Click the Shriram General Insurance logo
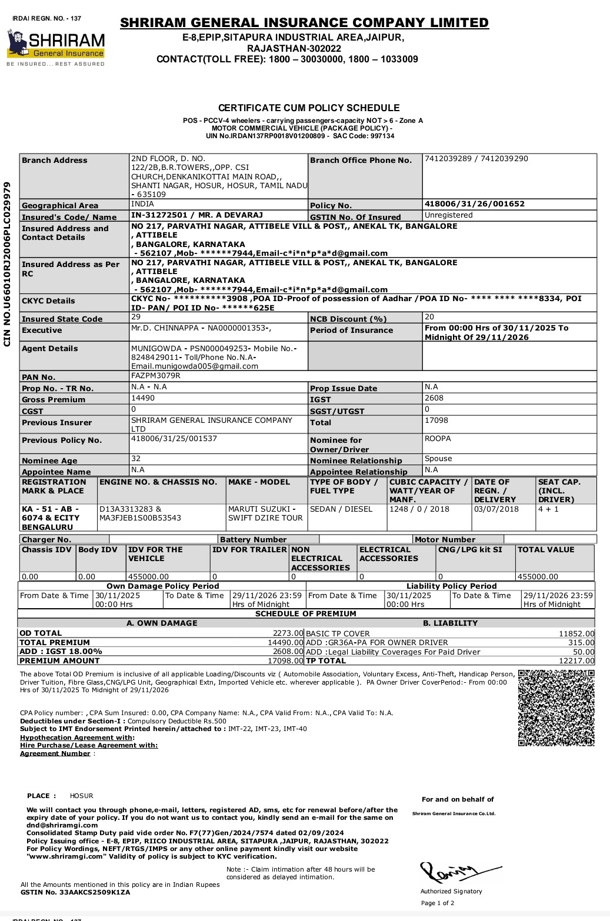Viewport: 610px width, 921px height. tap(56, 46)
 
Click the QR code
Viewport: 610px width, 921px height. tap(556, 708)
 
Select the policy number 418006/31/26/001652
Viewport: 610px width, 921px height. tap(474, 204)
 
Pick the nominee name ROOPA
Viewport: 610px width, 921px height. tap(438, 439)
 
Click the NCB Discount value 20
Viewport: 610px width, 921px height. tap(429, 317)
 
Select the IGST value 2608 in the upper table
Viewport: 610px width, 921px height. tap(434, 398)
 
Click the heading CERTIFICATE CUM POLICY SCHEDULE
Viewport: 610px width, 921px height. tap(309, 108)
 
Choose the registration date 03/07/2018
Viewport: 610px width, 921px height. tap(496, 509)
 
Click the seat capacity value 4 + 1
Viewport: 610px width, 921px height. tap(548, 509)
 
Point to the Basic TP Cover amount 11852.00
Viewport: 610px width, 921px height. tap(576, 634)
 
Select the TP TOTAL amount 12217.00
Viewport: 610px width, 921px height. tap(576, 661)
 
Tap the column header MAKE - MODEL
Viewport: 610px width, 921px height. tap(259, 482)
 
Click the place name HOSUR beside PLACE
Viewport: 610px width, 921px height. tap(82, 796)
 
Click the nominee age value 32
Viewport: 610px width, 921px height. tap(136, 459)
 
